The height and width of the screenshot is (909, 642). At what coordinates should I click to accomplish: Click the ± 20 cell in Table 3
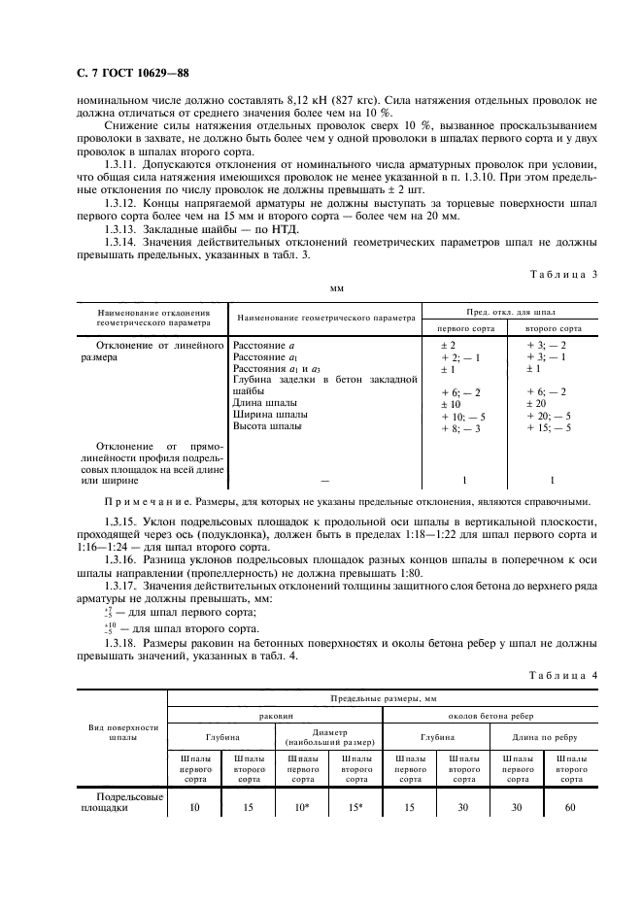point(537,403)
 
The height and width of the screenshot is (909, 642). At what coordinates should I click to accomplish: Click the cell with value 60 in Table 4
point(568,806)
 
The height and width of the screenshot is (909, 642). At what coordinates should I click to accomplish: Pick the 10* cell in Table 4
point(304,806)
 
